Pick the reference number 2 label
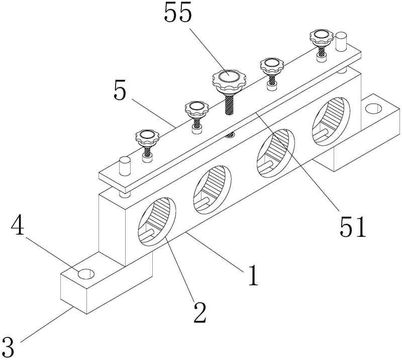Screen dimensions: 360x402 click(x=199, y=313)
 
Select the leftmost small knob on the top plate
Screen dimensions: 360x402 click(x=146, y=135)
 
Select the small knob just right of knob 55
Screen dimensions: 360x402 click(x=271, y=64)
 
